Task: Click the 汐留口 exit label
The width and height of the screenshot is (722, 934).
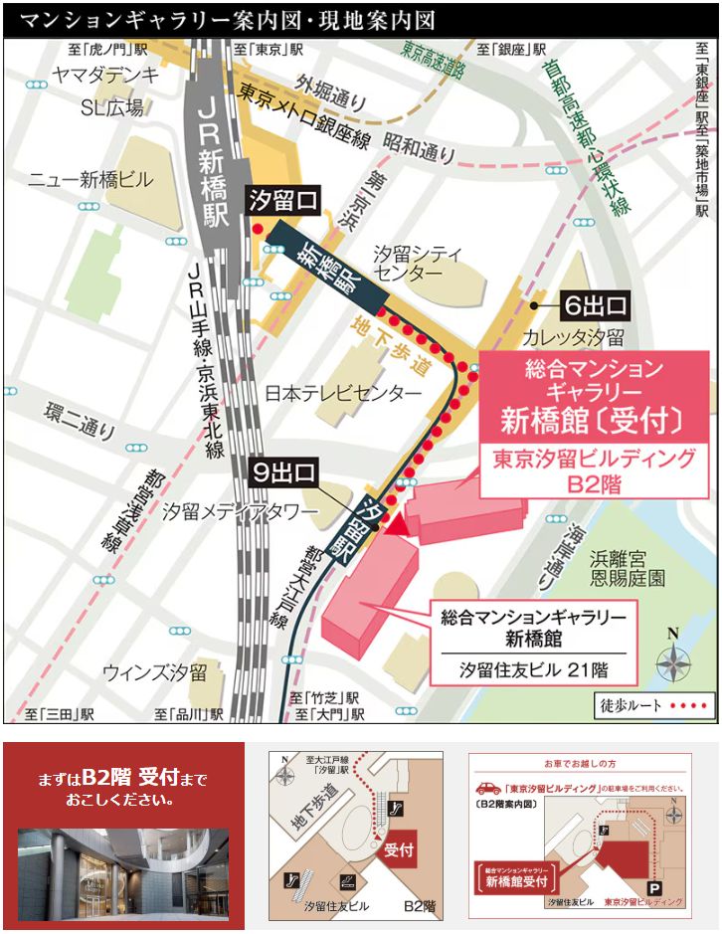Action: point(282,202)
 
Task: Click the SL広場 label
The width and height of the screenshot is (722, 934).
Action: point(111,107)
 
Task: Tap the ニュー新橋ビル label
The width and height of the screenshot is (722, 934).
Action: point(90,180)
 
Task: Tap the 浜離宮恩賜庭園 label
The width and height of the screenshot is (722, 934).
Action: point(628,567)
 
